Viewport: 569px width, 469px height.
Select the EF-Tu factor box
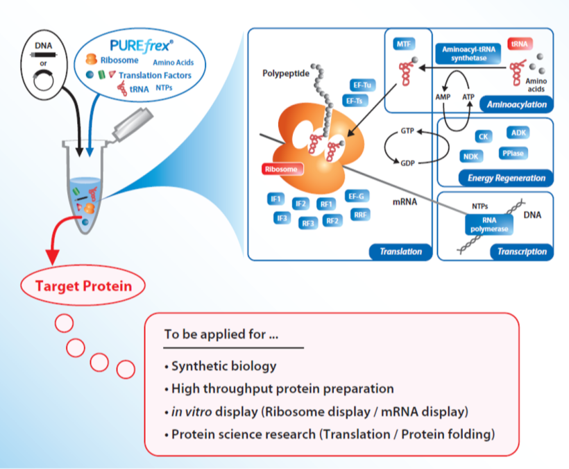click(360, 85)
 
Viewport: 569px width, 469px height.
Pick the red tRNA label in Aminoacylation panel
click(519, 44)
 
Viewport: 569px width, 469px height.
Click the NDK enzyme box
click(471, 157)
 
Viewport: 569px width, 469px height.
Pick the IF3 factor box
click(282, 218)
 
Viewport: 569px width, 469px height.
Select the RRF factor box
click(360, 215)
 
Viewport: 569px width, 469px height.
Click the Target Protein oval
click(85, 285)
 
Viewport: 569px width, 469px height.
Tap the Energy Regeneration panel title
click(506, 178)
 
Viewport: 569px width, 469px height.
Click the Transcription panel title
click(522, 252)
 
